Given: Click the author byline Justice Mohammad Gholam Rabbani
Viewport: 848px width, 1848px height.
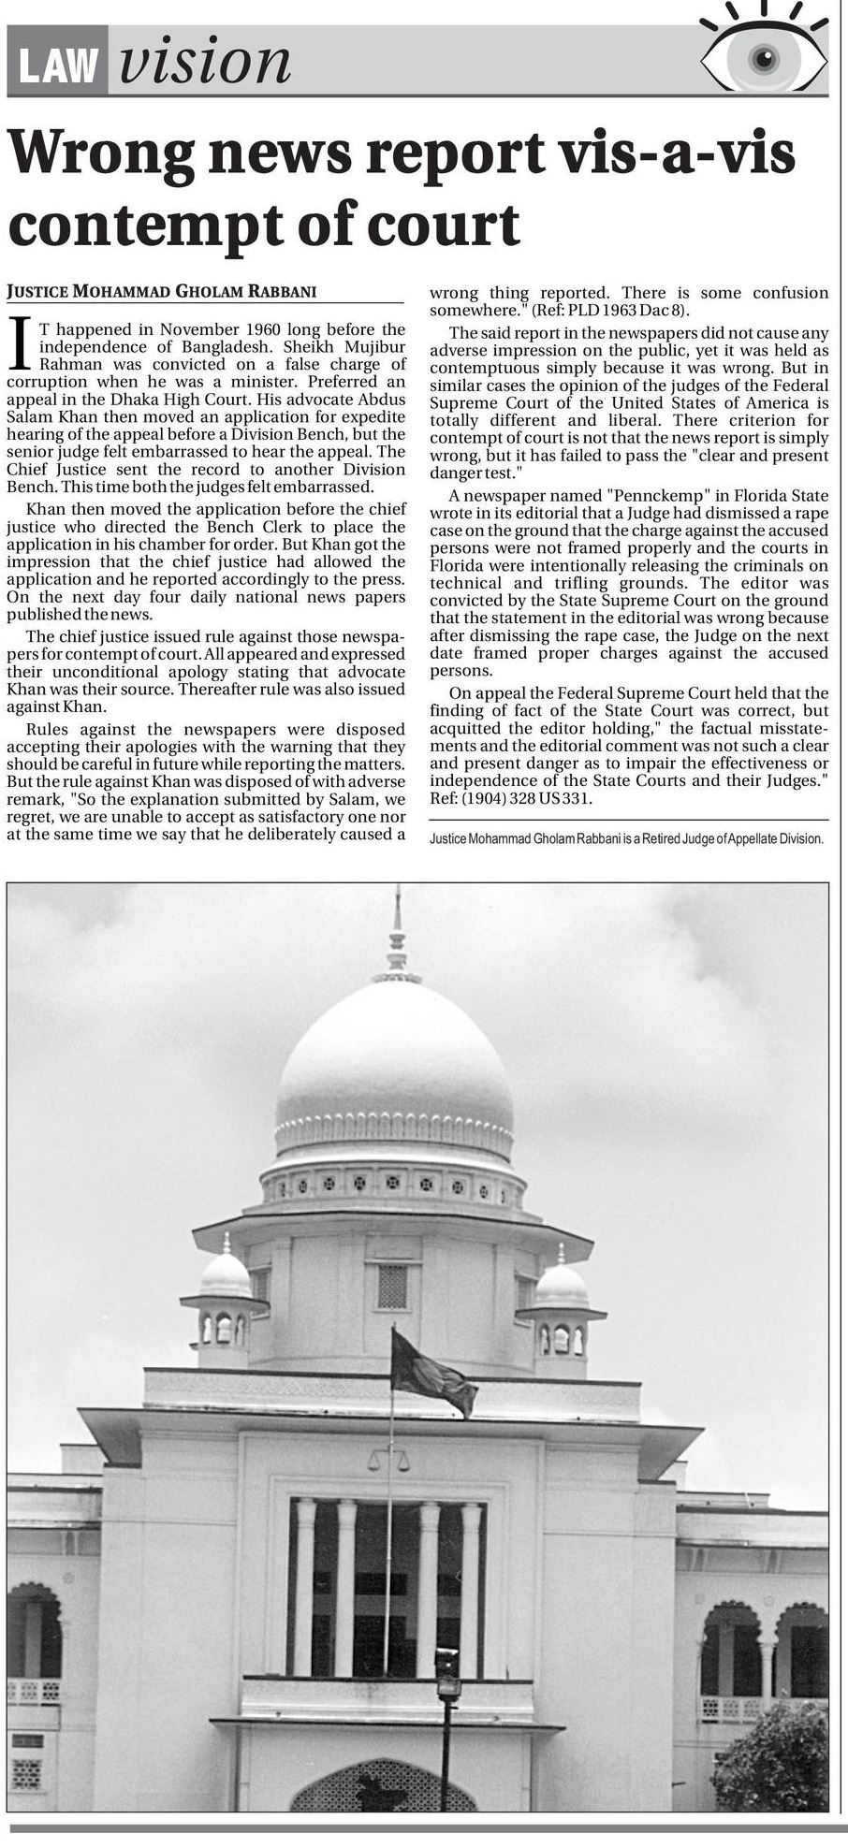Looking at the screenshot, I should point(161,291).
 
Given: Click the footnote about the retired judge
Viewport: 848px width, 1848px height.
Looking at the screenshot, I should point(626,839).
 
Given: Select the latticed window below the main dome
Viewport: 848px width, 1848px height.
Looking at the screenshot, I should point(392,1286).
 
